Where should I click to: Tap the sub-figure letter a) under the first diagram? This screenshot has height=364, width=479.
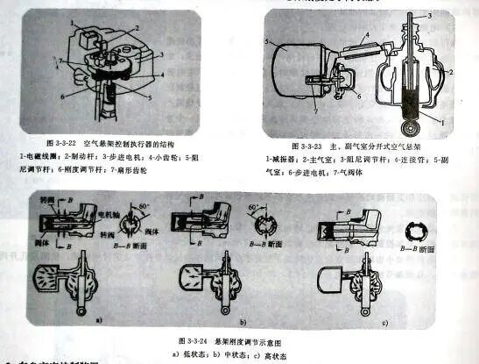(x=98, y=320)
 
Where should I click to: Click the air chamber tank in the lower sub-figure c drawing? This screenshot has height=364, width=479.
(x=337, y=281)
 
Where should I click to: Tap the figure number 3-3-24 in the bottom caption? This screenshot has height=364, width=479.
(x=197, y=338)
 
